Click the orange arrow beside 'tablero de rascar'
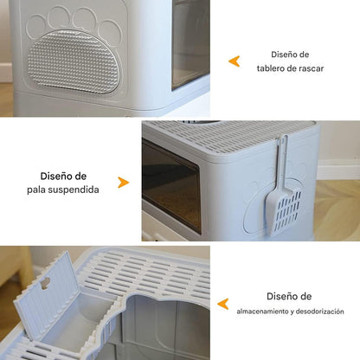point(234,61)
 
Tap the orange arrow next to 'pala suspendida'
point(123,183)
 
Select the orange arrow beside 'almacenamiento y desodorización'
point(222,304)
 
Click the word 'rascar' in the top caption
point(310,68)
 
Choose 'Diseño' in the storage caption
point(277,295)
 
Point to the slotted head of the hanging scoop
point(287,209)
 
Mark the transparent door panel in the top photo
point(190,43)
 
